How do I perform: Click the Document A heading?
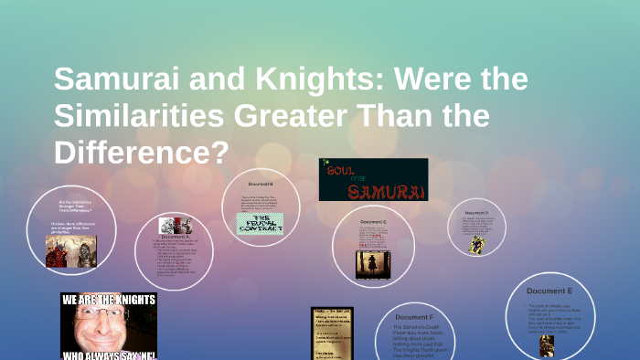tap(173, 237)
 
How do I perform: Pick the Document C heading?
tap(372, 222)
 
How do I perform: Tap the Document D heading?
tap(475, 213)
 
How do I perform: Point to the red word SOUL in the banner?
tap(340, 170)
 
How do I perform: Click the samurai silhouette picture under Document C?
tap(373, 264)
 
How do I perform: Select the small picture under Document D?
tap(476, 245)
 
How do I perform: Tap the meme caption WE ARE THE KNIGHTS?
tap(108, 299)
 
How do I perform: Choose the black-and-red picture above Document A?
tap(175, 226)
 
